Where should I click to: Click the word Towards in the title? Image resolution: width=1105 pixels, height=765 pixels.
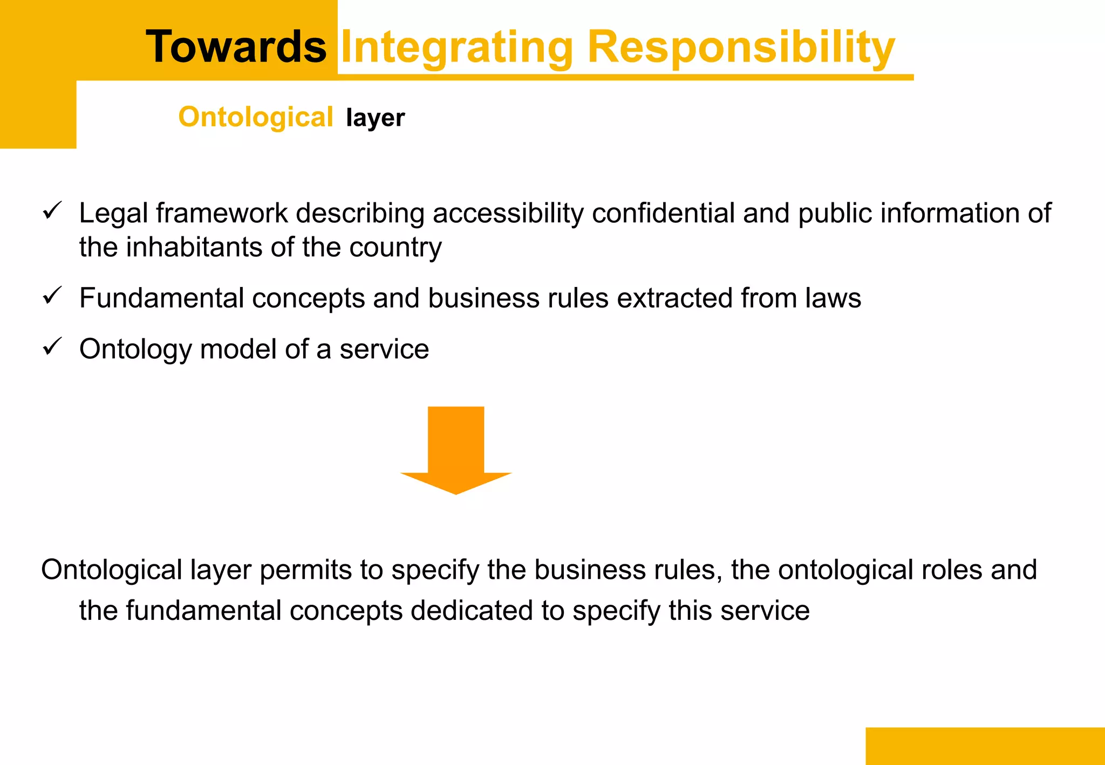(236, 47)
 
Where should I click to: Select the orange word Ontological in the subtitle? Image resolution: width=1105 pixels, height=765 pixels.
(256, 117)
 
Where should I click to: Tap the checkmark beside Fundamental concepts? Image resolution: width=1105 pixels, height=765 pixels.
(52, 295)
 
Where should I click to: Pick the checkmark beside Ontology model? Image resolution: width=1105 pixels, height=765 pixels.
(52, 346)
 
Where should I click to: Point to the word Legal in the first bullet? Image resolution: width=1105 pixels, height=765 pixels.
(113, 213)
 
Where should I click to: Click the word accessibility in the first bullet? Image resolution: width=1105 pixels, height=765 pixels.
(508, 213)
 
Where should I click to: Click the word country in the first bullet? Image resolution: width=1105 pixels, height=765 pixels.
(395, 248)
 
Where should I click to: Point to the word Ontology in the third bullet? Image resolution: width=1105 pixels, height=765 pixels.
(135, 350)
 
